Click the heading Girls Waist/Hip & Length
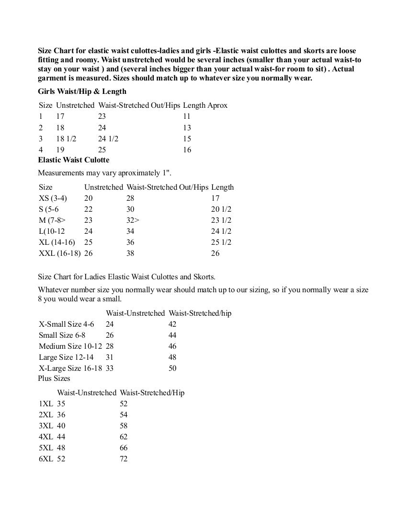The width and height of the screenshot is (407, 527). click(82, 92)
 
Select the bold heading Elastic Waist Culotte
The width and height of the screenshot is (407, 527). click(73, 160)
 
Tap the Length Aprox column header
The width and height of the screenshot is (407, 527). click(205, 105)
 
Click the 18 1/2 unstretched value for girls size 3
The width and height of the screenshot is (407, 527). click(66, 138)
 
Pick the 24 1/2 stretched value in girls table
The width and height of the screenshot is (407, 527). click(108, 138)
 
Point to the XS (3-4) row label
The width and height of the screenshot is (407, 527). click(53, 198)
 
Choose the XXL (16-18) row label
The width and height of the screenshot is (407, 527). click(59, 253)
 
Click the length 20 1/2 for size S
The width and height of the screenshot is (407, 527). click(221, 209)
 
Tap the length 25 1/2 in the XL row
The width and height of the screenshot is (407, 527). click(221, 242)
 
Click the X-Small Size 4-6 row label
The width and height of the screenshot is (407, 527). click(67, 324)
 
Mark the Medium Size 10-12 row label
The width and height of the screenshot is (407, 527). click(70, 346)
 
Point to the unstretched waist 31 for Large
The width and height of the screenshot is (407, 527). click(110, 357)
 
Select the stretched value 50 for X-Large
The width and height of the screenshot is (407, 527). click(172, 368)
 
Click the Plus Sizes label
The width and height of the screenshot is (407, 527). click(54, 378)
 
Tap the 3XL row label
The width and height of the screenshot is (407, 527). click(46, 425)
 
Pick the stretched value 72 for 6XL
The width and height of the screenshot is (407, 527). click(124, 458)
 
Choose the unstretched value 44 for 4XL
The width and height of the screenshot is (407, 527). click(61, 436)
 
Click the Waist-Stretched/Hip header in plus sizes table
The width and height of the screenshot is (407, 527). click(152, 392)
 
